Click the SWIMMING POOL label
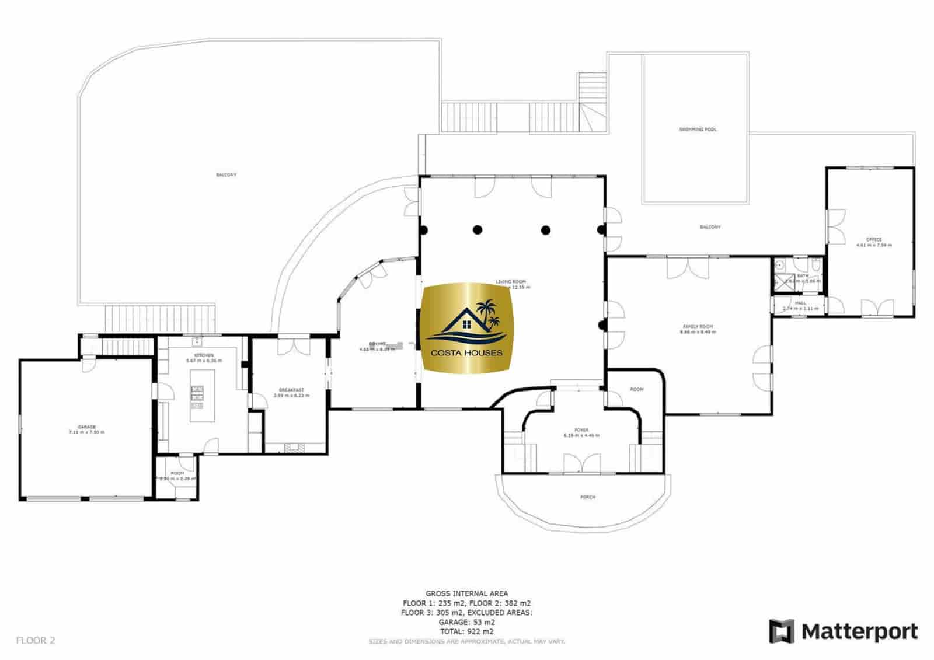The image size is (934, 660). tap(697, 129)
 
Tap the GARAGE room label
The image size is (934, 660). tap(87, 427)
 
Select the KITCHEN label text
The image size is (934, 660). tap(204, 355)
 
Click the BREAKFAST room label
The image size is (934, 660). tap(291, 390)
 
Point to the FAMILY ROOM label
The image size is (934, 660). tap(698, 327)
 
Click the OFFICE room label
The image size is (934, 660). tap(873, 239)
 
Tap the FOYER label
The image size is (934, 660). tap(581, 431)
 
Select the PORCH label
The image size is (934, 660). tap(587, 497)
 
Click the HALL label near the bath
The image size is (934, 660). tap(800, 303)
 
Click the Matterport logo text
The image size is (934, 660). tap(859, 631)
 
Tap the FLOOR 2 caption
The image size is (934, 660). tap(35, 640)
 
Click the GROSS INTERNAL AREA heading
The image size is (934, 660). tap(466, 593)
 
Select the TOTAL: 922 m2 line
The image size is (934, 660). tap(466, 631)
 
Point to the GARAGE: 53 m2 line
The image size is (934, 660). tap(466, 622)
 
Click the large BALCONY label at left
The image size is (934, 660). tap(226, 175)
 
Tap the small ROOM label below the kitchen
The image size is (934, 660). tap(177, 473)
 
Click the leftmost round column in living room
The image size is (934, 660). tap(423, 229)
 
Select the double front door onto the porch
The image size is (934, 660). tap(582, 465)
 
